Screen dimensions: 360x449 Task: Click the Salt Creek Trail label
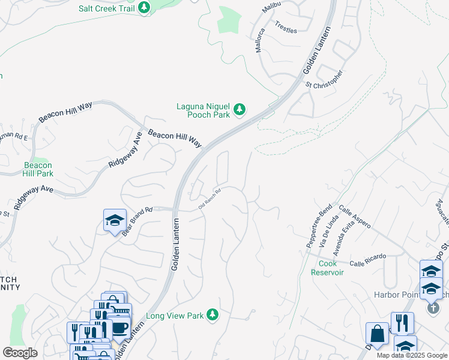(106, 8)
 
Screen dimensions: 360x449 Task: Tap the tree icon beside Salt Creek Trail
(143, 8)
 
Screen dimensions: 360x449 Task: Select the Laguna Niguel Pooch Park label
(203, 110)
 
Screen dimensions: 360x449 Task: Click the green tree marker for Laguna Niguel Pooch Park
(240, 109)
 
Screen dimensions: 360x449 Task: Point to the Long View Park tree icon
(211, 315)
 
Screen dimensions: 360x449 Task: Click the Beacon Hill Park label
(38, 169)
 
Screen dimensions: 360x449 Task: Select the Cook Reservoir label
(327, 268)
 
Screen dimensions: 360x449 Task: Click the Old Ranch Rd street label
(210, 200)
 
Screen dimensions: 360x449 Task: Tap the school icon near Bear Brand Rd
(115, 221)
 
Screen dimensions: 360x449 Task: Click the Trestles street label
(286, 27)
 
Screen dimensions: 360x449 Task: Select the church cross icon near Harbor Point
(433, 308)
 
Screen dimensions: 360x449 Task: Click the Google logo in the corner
(20, 353)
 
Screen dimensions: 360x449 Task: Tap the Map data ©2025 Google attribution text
(411, 355)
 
